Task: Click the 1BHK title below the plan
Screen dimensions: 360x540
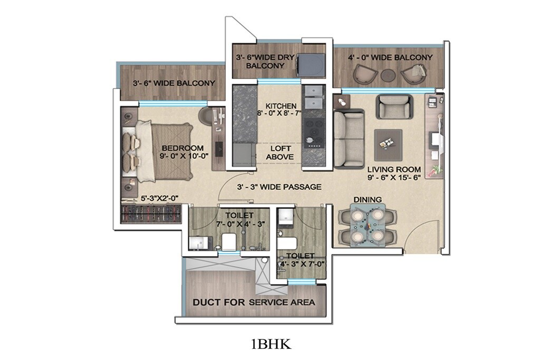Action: tap(271, 345)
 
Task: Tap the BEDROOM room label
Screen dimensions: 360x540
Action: tap(182, 148)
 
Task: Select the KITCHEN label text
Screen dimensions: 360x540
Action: tap(281, 106)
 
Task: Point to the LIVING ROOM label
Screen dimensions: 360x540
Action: tap(394, 169)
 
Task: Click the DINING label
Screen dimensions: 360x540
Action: tap(364, 200)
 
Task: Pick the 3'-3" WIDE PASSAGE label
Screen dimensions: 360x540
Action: tap(279, 187)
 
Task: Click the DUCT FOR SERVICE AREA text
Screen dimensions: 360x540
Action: tap(254, 302)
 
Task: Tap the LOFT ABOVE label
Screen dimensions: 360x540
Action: tap(279, 153)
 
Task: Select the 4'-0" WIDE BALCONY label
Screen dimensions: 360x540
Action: tap(390, 57)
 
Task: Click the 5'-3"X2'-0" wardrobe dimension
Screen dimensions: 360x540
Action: tap(160, 199)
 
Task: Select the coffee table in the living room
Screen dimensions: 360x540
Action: tap(388, 140)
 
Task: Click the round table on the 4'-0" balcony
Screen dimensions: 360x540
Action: tap(388, 74)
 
